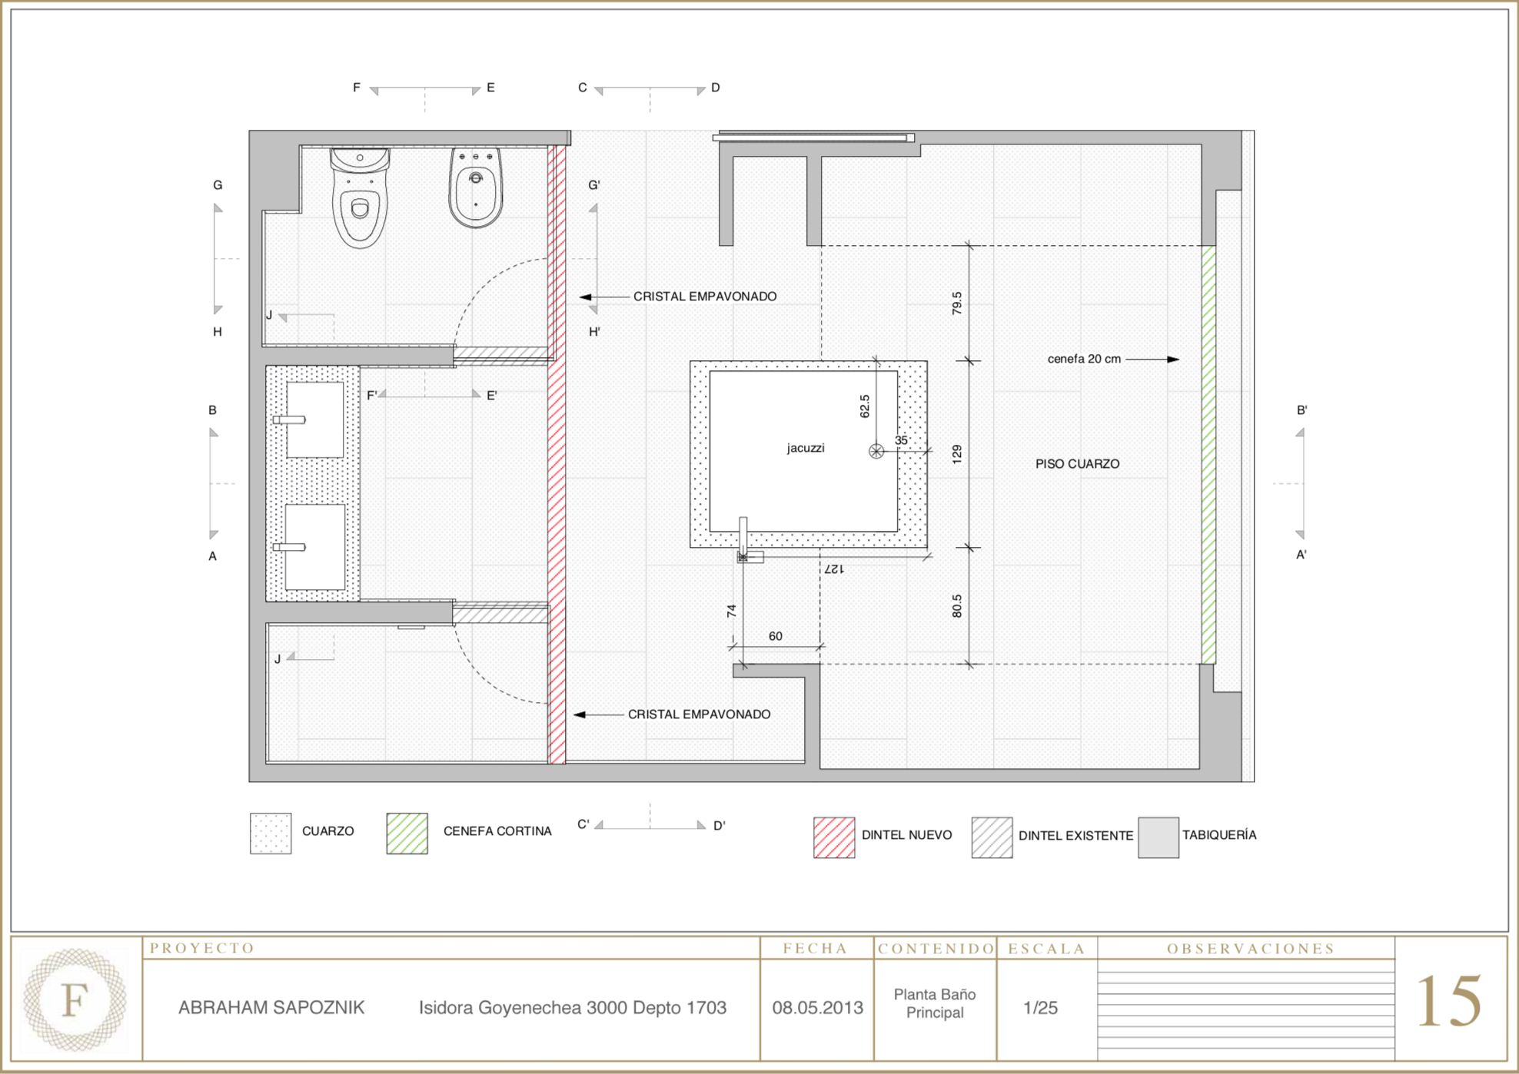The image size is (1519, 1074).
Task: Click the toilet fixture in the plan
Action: [359, 197]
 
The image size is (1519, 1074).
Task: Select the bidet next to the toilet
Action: [476, 187]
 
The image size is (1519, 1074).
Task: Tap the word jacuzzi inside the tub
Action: [806, 448]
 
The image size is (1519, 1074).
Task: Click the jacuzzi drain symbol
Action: [876, 451]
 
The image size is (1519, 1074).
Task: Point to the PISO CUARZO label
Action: [1077, 464]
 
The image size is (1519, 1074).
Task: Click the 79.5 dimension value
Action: [957, 303]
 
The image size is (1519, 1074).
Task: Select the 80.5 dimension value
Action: [957, 606]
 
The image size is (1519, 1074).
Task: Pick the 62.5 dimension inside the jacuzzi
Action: [865, 406]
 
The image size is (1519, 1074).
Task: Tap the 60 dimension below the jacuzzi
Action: [776, 636]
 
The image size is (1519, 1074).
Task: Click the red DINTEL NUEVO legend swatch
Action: [834, 837]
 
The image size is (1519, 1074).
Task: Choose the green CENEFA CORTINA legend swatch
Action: [407, 834]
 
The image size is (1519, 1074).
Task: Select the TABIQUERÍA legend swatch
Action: [1158, 837]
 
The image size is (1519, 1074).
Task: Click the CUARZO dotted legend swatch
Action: [271, 834]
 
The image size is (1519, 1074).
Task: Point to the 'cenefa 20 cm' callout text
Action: [1084, 359]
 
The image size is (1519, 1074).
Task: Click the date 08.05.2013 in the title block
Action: [818, 1008]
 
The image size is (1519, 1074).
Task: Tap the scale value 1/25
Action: [1041, 1008]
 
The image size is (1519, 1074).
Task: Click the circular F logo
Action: [75, 999]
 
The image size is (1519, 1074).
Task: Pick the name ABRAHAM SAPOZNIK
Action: [271, 1008]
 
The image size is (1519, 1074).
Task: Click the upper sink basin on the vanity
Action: [315, 419]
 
